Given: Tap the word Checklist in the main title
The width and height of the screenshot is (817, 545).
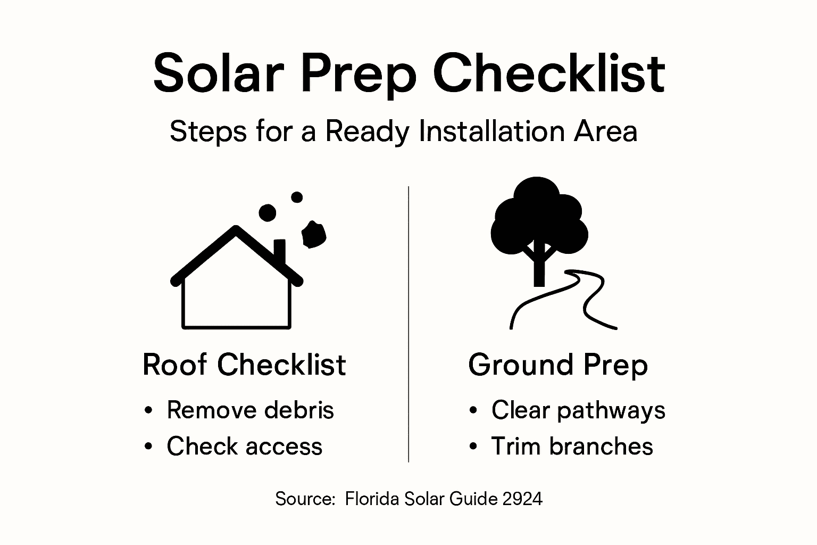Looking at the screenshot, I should (x=549, y=73).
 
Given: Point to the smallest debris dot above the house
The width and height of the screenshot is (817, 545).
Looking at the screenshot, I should (x=297, y=197).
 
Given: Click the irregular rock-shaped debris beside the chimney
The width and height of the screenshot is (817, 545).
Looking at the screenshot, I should (x=314, y=235).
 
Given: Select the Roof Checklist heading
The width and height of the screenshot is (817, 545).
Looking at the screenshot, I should (x=244, y=365).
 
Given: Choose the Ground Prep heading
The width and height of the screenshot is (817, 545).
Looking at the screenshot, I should (x=558, y=365).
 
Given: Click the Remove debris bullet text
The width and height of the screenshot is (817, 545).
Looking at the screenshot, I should (x=250, y=410).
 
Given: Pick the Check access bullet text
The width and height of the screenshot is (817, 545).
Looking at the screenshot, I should (x=244, y=447).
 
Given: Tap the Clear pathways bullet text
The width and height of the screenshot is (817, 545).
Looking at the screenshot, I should (x=578, y=410).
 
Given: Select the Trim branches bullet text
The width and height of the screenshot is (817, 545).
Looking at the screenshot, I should (x=572, y=447).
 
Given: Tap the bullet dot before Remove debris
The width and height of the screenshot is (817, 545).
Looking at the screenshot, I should (x=148, y=411).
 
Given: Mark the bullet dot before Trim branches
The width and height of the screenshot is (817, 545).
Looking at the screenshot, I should (x=473, y=447).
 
